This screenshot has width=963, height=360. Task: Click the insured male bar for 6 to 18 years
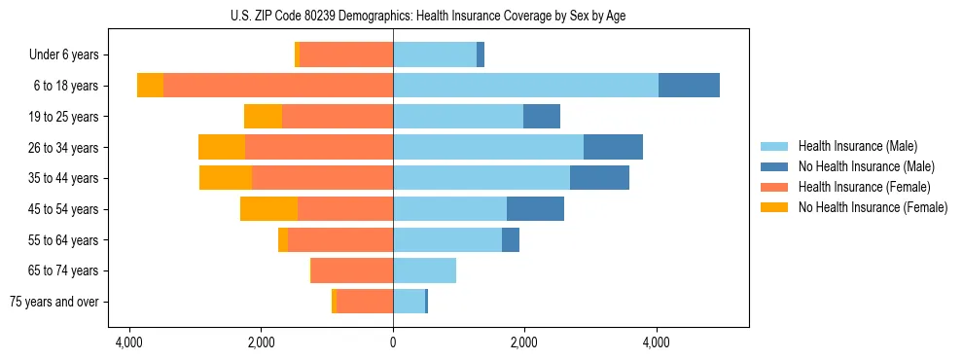[525, 86]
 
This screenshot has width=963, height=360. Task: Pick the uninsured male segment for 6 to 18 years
[689, 86]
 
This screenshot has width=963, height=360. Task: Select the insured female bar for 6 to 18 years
[278, 86]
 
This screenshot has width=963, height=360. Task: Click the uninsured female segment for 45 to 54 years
[268, 209]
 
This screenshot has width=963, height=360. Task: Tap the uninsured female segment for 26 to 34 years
[222, 147]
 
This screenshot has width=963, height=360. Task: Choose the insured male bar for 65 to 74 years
[424, 270]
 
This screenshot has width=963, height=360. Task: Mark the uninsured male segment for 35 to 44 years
[599, 178]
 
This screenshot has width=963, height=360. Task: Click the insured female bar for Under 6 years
[346, 55]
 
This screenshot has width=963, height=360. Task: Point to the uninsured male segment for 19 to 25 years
[542, 117]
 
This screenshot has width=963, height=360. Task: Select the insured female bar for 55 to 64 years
[340, 239]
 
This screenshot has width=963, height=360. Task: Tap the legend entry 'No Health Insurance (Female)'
[873, 207]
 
